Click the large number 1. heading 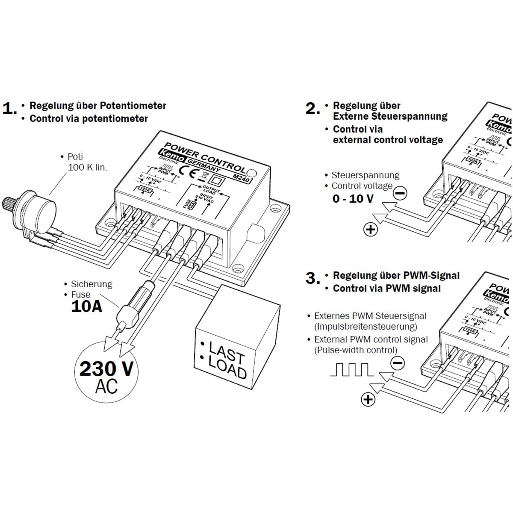click(9, 109)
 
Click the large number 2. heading click(313, 109)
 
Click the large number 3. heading click(313, 278)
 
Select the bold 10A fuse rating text click(86, 307)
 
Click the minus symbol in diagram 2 click(400, 193)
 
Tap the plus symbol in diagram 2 click(370, 230)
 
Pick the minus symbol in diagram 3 click(398, 363)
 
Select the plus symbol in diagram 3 click(368, 400)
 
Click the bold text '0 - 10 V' click(353, 199)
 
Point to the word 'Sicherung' click(91, 284)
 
